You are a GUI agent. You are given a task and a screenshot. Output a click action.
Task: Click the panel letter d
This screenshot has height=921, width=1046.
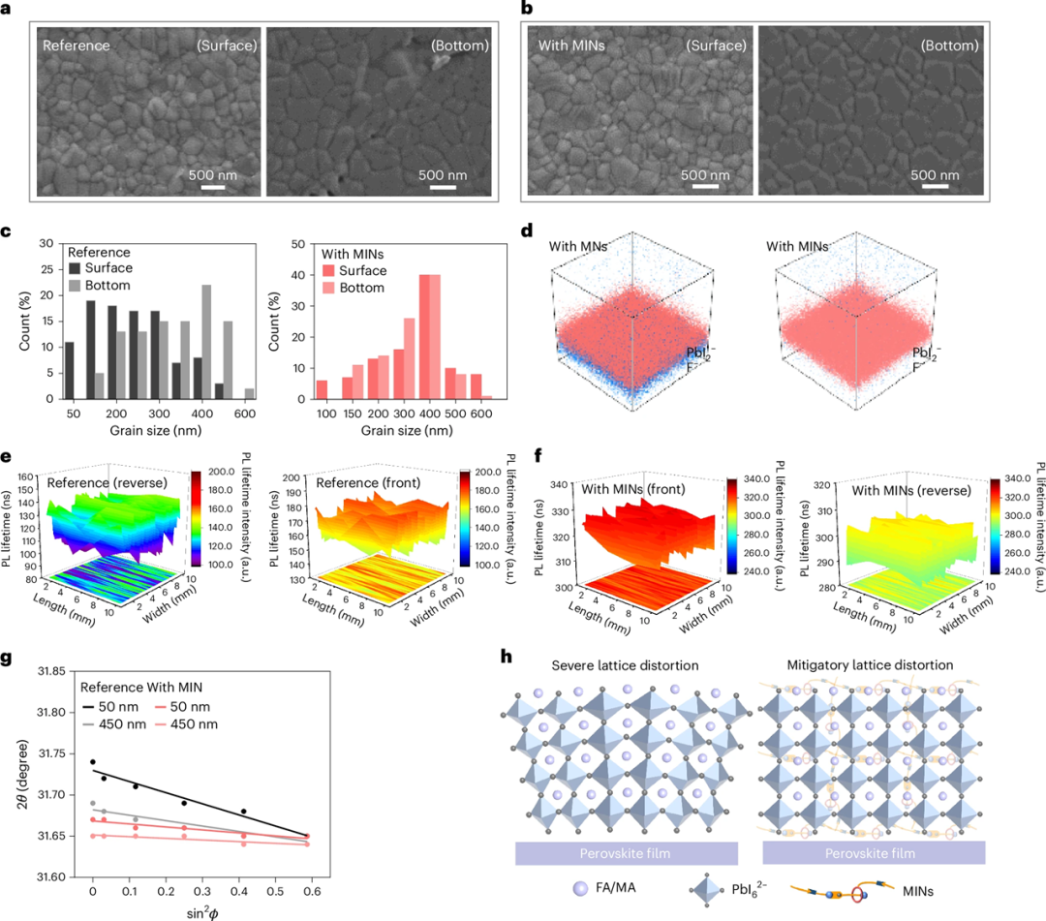coord(527,232)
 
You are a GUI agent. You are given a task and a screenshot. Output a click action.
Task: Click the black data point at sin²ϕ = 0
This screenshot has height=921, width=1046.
coord(93,762)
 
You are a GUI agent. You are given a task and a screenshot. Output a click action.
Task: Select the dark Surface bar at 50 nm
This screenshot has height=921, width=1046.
coord(67,370)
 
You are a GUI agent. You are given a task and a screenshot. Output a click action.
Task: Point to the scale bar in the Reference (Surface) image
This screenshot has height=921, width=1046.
coord(213,188)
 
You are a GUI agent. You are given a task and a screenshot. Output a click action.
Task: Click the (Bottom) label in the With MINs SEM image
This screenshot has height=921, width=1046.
coord(946,45)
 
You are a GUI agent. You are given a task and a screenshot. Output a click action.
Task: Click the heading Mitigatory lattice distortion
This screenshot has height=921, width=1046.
coord(871,667)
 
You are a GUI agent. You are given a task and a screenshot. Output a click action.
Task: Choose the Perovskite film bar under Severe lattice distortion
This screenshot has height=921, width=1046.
coord(626,852)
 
